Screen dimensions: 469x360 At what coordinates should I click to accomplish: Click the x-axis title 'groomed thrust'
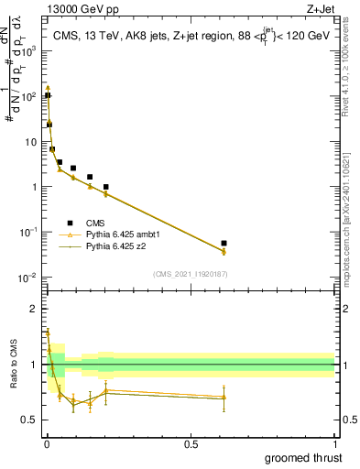304,456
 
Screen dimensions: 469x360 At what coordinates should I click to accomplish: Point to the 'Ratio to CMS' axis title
14,365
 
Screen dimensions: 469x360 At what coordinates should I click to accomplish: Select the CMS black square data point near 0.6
224,244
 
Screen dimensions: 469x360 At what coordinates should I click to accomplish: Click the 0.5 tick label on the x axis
191,442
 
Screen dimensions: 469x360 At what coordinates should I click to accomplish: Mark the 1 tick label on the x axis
335,442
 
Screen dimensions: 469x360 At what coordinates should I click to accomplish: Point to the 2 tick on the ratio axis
34,309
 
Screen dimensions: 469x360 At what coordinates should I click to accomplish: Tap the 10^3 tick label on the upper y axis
30,51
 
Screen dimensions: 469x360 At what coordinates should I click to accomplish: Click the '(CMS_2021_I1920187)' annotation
190,273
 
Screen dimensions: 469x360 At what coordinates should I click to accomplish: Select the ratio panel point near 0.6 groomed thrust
224,397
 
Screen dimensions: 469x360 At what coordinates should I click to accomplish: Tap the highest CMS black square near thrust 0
47,95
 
